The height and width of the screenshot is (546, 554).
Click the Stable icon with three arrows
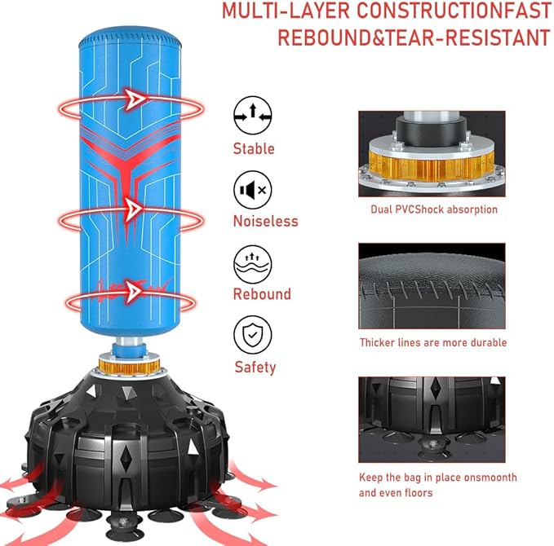[x=253, y=115]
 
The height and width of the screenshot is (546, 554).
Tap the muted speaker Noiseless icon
[x=253, y=190]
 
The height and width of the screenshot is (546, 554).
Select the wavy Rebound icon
[x=253, y=264]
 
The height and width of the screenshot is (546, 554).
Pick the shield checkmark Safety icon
[x=253, y=335]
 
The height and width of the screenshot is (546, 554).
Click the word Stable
[x=254, y=148]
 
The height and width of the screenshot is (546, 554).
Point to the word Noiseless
[x=266, y=222]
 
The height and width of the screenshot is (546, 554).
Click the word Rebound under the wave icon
[x=262, y=294]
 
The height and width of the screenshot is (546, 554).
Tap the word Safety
[x=255, y=368]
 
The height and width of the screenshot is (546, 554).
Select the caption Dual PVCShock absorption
[x=434, y=209]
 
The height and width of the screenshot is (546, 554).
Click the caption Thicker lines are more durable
[x=433, y=342]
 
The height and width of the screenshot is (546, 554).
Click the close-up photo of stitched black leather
[x=432, y=286]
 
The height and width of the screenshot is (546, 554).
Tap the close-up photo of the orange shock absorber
[x=432, y=153]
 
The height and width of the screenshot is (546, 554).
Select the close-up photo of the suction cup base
[x=432, y=420]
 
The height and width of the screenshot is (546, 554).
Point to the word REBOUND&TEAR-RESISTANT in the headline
[x=414, y=37]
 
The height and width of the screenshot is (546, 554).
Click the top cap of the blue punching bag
[x=130, y=38]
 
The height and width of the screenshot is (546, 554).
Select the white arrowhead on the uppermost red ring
[x=135, y=99]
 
